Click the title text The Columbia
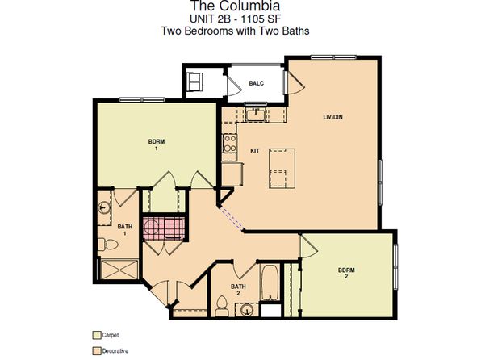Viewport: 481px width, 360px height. click(x=236, y=6)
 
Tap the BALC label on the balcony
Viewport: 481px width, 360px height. click(x=256, y=83)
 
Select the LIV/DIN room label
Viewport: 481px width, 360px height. click(x=333, y=117)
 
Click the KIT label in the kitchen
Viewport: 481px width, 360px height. click(x=255, y=151)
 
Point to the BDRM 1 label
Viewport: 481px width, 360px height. click(x=157, y=144)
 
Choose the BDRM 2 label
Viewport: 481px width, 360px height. click(x=346, y=273)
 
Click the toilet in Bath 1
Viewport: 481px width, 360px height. click(x=108, y=245)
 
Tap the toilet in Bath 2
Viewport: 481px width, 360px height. click(x=221, y=306)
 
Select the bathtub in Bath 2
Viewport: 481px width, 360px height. click(x=270, y=283)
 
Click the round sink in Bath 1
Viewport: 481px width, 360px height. click(x=104, y=207)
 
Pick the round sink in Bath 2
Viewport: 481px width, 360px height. click(x=247, y=310)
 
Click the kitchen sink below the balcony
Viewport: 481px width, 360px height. click(x=255, y=115)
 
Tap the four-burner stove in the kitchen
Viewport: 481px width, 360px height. click(x=230, y=144)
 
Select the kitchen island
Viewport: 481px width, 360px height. click(x=282, y=168)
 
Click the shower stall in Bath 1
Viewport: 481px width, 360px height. click(x=119, y=270)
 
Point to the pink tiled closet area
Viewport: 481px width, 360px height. click(x=164, y=228)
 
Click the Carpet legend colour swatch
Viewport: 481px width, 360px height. click(x=97, y=335)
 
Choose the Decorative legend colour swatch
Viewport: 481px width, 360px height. click(x=97, y=351)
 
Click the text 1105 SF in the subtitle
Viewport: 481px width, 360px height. click(x=261, y=19)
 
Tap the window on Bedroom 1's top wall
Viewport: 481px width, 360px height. click(x=142, y=99)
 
